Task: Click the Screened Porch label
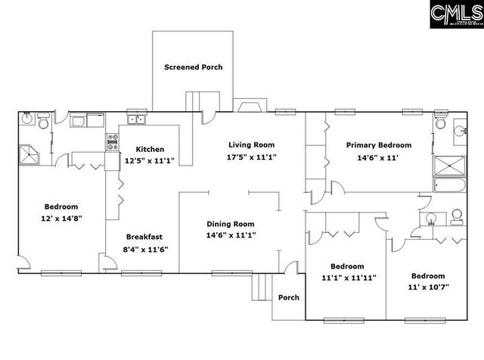click(x=194, y=67)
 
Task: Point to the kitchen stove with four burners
click(x=113, y=142)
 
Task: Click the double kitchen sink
click(x=137, y=119)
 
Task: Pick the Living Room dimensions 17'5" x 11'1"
click(x=251, y=157)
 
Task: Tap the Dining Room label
click(x=232, y=224)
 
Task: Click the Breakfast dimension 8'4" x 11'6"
click(x=146, y=249)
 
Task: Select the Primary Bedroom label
click(x=378, y=145)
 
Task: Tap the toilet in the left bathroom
click(x=44, y=121)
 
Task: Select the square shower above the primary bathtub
click(x=448, y=165)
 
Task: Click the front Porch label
click(x=288, y=297)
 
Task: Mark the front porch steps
click(x=262, y=287)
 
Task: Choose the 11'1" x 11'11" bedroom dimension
click(x=348, y=278)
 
